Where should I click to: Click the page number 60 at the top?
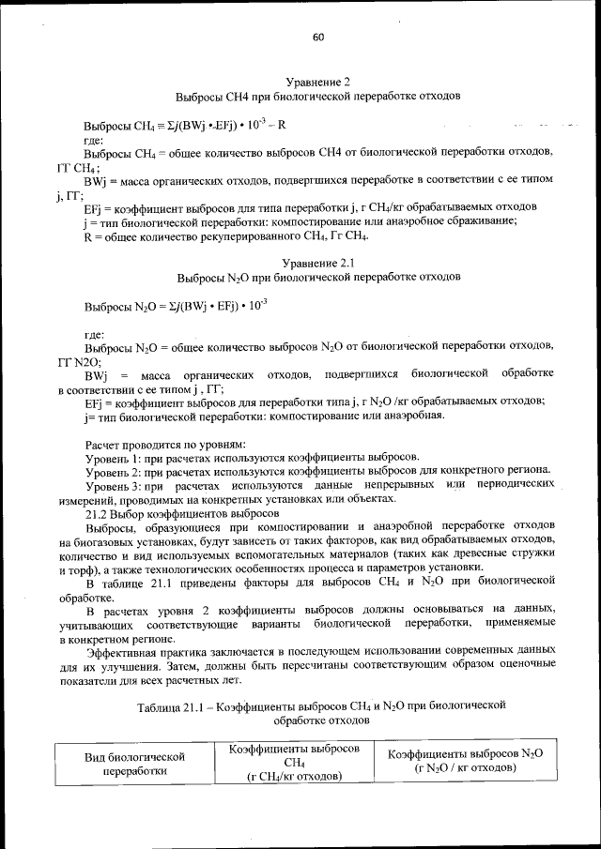[317, 37]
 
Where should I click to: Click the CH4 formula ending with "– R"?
[184, 124]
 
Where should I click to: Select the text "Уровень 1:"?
[113, 456]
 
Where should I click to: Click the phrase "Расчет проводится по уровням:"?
[165, 442]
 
